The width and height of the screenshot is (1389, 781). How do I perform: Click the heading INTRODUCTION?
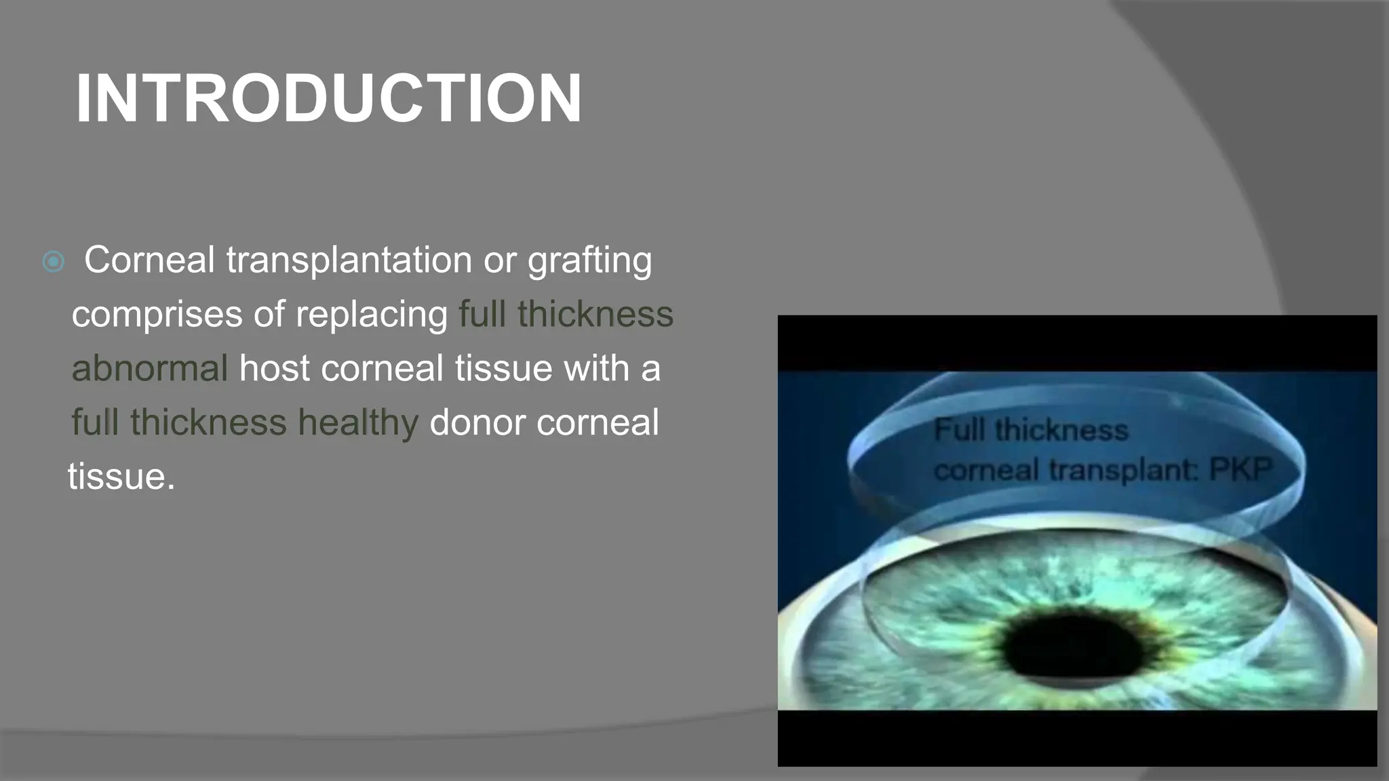(328, 99)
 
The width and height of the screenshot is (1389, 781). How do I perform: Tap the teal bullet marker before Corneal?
(53, 262)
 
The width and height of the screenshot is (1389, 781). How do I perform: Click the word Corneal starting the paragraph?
(149, 260)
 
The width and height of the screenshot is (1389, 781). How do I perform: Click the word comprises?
(157, 315)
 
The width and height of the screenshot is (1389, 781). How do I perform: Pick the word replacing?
(371, 315)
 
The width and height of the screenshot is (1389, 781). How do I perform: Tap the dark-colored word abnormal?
(149, 369)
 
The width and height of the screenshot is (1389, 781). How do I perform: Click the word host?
(274, 369)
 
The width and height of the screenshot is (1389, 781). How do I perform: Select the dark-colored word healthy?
(358, 423)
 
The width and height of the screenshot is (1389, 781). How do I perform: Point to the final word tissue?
(121, 477)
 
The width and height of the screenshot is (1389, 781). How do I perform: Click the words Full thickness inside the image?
(1031, 430)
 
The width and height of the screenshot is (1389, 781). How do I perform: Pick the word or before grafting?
(499, 260)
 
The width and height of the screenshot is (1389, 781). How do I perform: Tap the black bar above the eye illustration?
(1077, 343)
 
